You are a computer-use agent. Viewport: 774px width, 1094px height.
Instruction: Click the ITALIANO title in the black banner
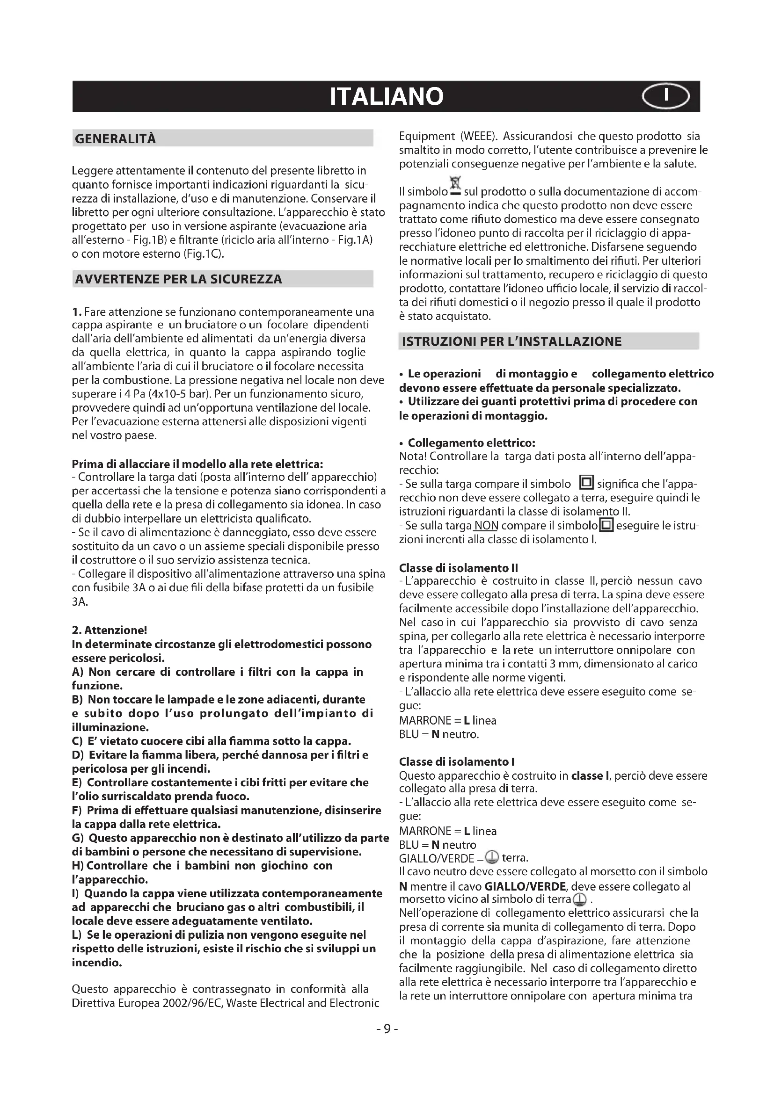387,97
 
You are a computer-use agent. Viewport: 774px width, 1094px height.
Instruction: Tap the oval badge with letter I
665,96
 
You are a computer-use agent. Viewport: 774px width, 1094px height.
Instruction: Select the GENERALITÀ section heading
115,138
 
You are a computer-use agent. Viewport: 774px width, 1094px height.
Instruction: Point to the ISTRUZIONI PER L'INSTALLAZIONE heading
512,341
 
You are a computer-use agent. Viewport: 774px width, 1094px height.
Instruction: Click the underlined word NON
486,526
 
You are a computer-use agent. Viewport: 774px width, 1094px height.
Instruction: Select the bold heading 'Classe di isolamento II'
458,567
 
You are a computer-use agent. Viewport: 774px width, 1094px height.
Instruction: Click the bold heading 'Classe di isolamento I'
456,761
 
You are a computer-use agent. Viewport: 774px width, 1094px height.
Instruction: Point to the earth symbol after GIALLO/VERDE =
492,858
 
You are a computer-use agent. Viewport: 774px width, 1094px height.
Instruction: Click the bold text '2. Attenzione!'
109,630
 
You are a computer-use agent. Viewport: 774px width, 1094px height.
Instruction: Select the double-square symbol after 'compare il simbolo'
586,483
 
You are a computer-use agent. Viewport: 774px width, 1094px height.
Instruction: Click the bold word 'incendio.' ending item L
97,963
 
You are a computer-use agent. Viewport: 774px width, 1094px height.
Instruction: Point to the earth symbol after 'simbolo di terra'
579,899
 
